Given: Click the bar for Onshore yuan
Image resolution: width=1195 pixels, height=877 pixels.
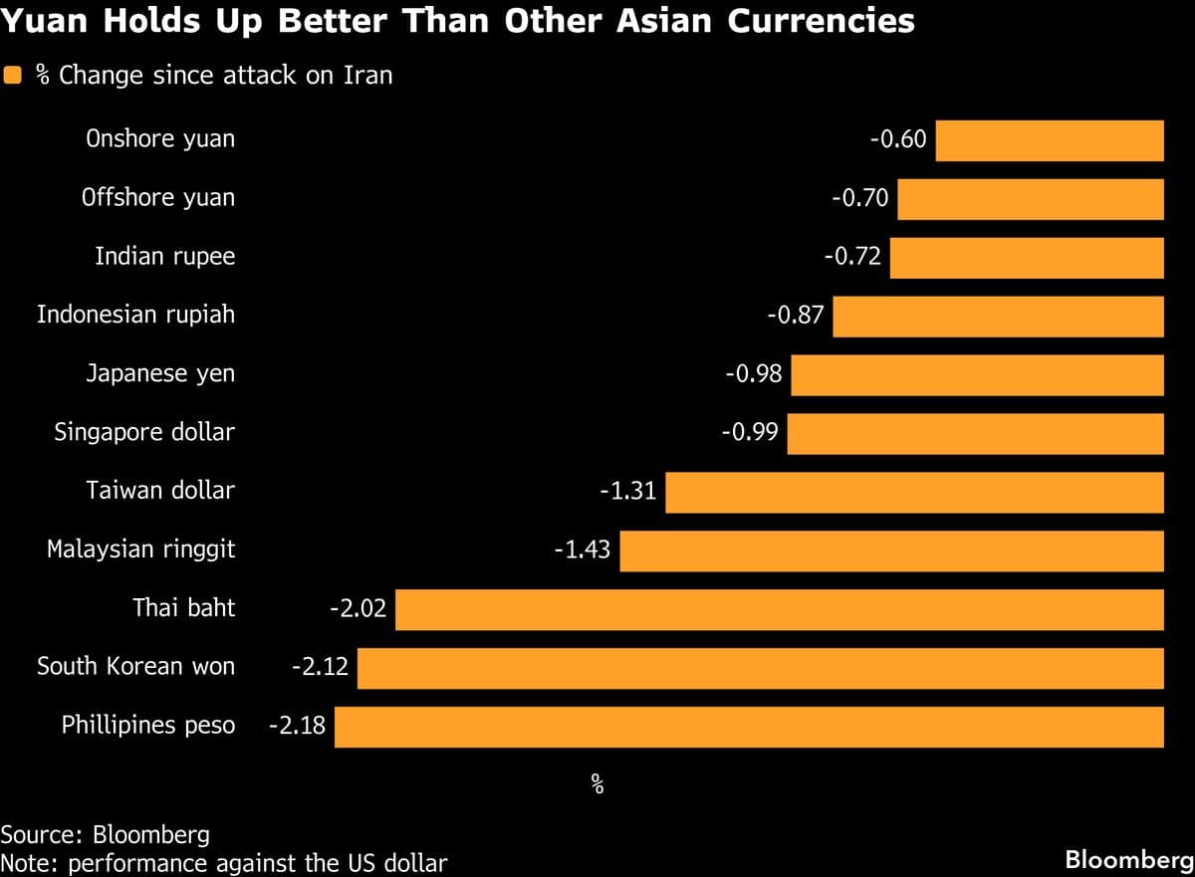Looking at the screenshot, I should (1050, 140).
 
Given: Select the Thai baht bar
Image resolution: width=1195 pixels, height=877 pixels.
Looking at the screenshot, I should (779, 610).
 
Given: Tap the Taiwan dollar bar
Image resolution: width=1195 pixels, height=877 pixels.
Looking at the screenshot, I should (914, 493).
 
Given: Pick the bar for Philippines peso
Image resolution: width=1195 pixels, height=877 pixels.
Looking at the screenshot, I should (749, 727).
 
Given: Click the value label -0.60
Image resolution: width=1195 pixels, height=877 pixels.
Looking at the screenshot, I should (898, 139).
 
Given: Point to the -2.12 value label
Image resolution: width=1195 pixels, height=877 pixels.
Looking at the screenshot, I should (320, 667).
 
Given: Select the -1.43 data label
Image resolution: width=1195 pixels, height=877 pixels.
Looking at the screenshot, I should (582, 549).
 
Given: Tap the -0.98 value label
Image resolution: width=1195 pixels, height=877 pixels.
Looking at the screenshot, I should (753, 374).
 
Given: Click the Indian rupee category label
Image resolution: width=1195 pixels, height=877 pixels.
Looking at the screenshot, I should (165, 257).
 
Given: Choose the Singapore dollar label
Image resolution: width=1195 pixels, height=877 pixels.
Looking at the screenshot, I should (144, 432).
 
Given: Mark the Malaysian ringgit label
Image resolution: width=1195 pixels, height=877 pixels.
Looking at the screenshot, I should (141, 549).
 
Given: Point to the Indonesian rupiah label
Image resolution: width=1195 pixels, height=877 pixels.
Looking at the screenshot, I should (136, 316).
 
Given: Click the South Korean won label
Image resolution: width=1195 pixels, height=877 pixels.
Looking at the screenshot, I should (136, 667).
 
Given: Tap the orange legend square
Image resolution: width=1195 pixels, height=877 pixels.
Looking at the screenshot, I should (14, 76).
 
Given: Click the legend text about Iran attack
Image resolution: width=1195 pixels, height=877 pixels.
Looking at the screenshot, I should (214, 76).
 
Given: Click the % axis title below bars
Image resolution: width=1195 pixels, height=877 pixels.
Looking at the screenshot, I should (597, 784).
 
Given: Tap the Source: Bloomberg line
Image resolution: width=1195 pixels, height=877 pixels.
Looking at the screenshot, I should (105, 834).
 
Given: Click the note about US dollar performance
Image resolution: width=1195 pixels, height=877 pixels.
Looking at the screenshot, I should (224, 862).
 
